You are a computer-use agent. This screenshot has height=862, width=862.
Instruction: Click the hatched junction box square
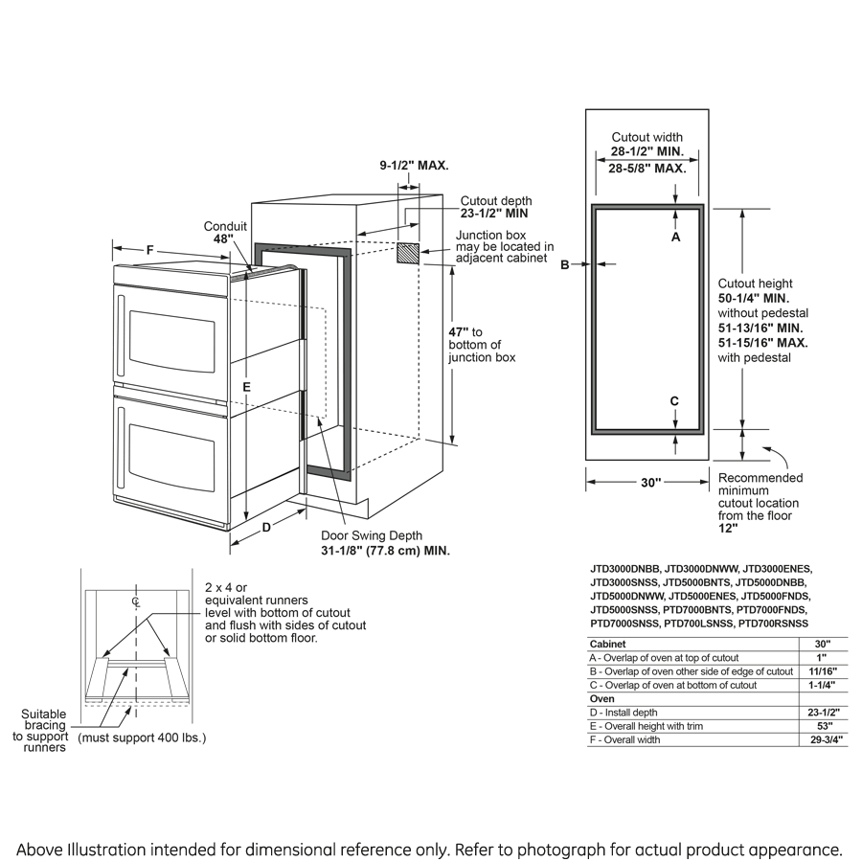pyautogui.click(x=408, y=253)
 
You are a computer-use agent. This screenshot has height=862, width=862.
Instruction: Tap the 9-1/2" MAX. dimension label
pyautogui.click(x=414, y=166)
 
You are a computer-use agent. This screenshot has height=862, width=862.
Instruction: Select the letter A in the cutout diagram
pyautogui.click(x=675, y=236)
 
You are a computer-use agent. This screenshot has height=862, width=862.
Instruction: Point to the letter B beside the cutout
pyautogui.click(x=565, y=264)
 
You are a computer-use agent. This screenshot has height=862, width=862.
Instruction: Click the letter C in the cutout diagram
pyautogui.click(x=674, y=400)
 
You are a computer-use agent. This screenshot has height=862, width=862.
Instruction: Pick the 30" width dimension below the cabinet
pyautogui.click(x=651, y=484)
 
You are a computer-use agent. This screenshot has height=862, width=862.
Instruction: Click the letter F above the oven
pyautogui.click(x=150, y=250)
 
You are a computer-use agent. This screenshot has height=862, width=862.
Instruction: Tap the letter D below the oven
pyautogui.click(x=267, y=527)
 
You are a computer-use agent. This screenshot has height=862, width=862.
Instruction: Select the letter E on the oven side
pyautogui.click(x=246, y=386)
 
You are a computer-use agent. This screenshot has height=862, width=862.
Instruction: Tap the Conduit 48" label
pyautogui.click(x=226, y=233)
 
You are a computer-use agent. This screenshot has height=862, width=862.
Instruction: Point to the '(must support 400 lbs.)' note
pyautogui.click(x=140, y=738)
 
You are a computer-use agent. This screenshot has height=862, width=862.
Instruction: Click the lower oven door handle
pyautogui.click(x=121, y=448)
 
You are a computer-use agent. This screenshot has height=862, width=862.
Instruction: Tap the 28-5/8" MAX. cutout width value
pyautogui.click(x=647, y=169)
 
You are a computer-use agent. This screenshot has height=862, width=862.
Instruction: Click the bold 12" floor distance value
pyautogui.click(x=728, y=528)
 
